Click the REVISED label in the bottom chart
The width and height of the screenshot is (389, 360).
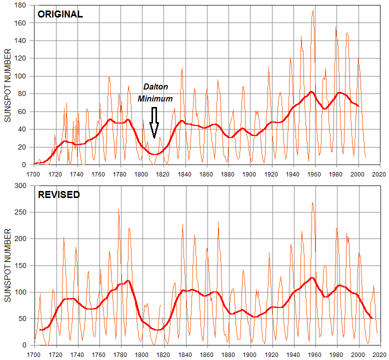[59, 194]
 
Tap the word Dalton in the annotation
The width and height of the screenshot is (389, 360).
[155, 87]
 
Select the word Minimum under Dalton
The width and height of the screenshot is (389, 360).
[155, 98]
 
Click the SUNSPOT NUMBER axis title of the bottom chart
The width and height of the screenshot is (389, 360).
[7, 265]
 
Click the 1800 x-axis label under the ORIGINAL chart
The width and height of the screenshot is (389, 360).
[142, 174]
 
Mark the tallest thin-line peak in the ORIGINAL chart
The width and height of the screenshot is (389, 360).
[313, 9]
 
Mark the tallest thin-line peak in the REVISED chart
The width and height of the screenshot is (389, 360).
[312, 202]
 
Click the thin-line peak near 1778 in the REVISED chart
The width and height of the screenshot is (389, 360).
[118, 209]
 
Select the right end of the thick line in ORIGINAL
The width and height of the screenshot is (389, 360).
[358, 106]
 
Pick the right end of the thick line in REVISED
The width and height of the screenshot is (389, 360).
[372, 318]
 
